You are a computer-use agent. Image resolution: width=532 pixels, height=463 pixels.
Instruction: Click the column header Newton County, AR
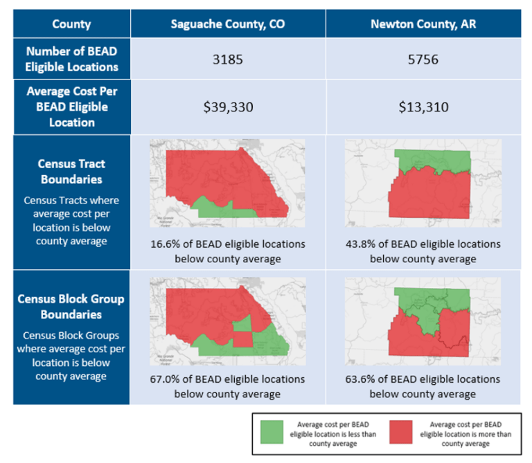pyautogui.click(x=423, y=24)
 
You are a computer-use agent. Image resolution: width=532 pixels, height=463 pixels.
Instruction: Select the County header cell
pyautogui.click(x=71, y=24)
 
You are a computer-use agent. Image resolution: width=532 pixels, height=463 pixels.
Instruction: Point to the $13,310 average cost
pyautogui.click(x=423, y=107)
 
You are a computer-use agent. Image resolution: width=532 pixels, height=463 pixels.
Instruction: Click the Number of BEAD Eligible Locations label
pyautogui.click(x=71, y=59)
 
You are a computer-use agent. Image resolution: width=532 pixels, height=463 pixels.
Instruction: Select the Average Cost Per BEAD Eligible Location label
pyautogui.click(x=71, y=107)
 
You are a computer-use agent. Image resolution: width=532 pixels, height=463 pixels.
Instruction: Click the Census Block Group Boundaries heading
pyautogui.click(x=71, y=307)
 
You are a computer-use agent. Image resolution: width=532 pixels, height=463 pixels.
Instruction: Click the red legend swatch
pyautogui.click(x=401, y=433)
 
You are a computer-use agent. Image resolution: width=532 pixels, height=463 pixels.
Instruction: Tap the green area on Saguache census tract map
pyautogui.click(x=211, y=207)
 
